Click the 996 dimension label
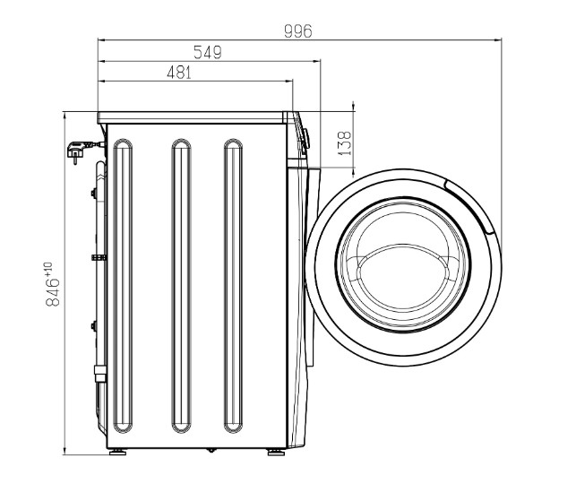(298, 31)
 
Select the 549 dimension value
(208, 52)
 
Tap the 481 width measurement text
(179, 73)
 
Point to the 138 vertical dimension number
(345, 143)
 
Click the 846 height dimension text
(53, 292)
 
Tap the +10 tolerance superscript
(48, 269)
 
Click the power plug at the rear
(80, 150)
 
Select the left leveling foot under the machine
(117, 452)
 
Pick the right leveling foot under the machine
(276, 452)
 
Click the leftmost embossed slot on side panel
(123, 286)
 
